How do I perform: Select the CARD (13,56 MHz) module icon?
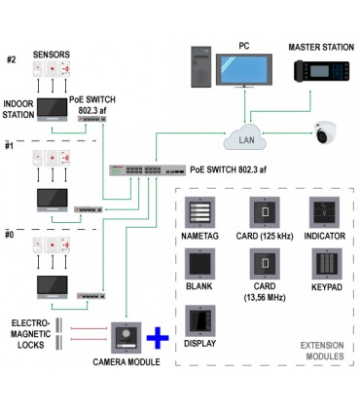tap(262, 263)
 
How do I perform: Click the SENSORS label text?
tap(52, 56)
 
